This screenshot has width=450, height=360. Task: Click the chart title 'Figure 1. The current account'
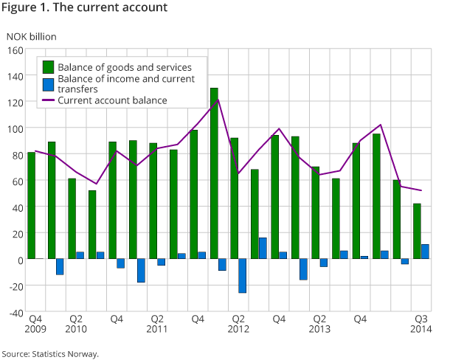84,8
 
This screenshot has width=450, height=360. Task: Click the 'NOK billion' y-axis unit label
31,35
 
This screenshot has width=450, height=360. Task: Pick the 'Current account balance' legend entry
112,100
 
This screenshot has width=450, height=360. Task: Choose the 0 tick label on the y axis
20,260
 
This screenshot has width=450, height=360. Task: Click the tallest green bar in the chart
214,173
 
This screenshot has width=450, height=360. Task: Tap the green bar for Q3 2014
417,231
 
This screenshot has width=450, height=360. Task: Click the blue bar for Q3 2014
425,252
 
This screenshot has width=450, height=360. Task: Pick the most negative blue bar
242,276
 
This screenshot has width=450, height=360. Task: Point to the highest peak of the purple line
218,99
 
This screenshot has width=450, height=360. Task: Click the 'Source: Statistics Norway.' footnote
49,354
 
